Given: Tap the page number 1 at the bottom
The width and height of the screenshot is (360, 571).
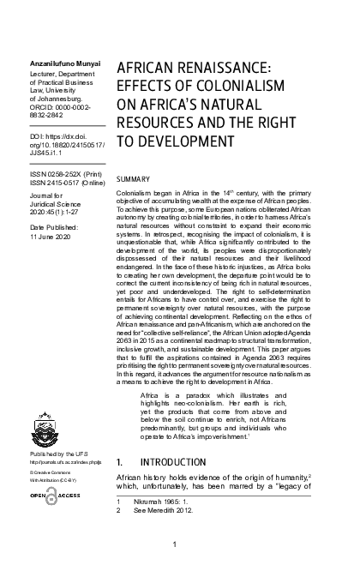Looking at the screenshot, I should click(175, 544).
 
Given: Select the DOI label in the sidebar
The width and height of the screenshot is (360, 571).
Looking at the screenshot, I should click(36, 136).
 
